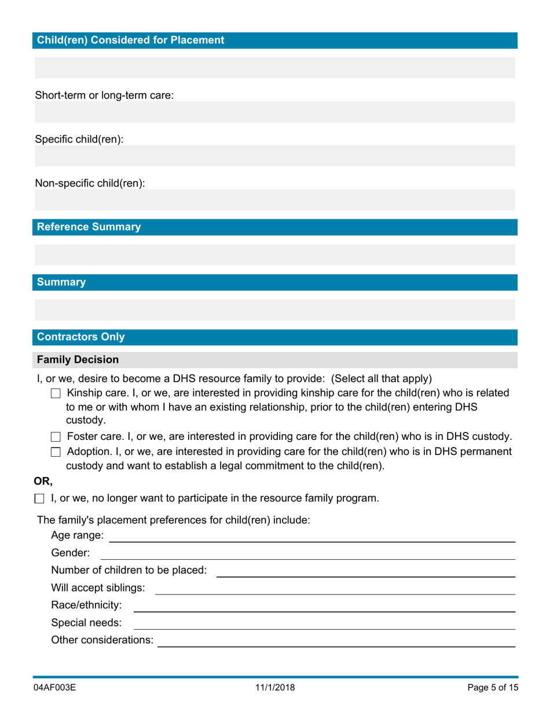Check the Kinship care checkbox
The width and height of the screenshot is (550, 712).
56,394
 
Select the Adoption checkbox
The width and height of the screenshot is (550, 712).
56,452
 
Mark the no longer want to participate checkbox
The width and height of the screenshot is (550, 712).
39,498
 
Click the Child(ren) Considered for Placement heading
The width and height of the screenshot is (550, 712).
130,40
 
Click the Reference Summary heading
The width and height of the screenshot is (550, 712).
89,227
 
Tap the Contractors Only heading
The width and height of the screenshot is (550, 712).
80,337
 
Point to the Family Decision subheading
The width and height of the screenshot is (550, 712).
78,359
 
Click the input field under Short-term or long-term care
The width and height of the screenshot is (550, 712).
274,112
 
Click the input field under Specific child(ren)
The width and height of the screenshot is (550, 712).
274,156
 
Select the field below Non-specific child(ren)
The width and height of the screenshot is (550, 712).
274,200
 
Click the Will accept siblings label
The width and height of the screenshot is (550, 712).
98,588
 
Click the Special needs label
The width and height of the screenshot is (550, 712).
86,623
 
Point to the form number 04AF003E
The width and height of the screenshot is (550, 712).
55,688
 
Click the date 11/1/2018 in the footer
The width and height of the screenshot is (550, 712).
274,688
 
